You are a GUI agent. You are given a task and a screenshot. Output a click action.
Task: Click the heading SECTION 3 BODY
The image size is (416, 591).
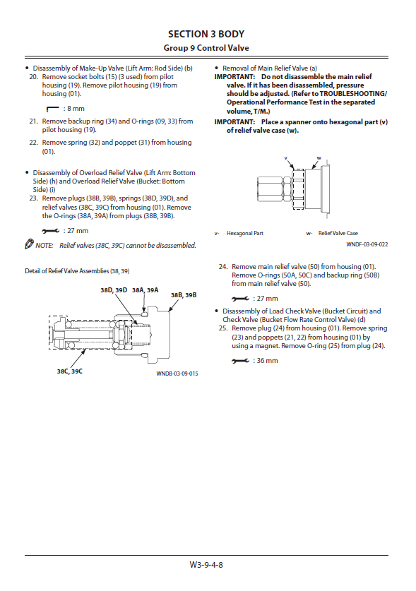tap(206, 35)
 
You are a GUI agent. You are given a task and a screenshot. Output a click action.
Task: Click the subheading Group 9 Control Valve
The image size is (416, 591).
tap(206, 48)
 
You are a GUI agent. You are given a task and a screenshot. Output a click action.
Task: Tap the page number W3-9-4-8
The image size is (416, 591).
tap(206, 565)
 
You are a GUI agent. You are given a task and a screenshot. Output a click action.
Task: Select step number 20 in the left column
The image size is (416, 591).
tap(34, 77)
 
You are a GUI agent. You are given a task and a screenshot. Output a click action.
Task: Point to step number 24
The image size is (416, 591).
tap(223, 267)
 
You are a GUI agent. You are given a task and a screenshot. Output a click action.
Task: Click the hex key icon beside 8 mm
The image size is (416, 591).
tap(52, 109)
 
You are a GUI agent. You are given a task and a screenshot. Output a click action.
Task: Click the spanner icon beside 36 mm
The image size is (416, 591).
tap(240, 361)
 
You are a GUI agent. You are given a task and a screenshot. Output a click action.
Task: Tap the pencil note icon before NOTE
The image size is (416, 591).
tap(29, 244)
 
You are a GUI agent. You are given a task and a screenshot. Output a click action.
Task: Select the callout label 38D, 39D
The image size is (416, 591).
tap(114, 290)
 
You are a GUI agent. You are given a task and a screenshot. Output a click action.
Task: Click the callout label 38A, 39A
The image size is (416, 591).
tap(145, 290)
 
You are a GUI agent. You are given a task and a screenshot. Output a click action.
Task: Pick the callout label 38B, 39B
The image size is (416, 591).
tap(184, 295)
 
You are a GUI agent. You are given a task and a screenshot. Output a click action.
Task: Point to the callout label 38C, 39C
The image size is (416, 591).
tap(70, 371)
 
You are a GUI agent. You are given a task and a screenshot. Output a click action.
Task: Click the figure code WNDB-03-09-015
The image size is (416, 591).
tap(177, 374)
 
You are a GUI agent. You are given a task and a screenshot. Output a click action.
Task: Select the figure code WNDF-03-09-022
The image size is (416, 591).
tap(367, 244)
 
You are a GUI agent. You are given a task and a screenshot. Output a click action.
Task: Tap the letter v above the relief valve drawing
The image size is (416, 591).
tap(285, 158)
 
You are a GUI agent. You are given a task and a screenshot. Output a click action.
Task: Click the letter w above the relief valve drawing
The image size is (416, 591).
tap(319, 158)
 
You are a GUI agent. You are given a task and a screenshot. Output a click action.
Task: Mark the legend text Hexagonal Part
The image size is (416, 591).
tap(245, 233)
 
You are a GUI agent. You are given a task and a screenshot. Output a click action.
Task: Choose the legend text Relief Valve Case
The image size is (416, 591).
tap(338, 233)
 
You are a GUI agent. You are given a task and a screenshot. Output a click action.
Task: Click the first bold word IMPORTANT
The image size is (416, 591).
tap(234, 77)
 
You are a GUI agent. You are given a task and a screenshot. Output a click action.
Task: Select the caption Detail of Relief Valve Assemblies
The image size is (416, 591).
tap(77, 271)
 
